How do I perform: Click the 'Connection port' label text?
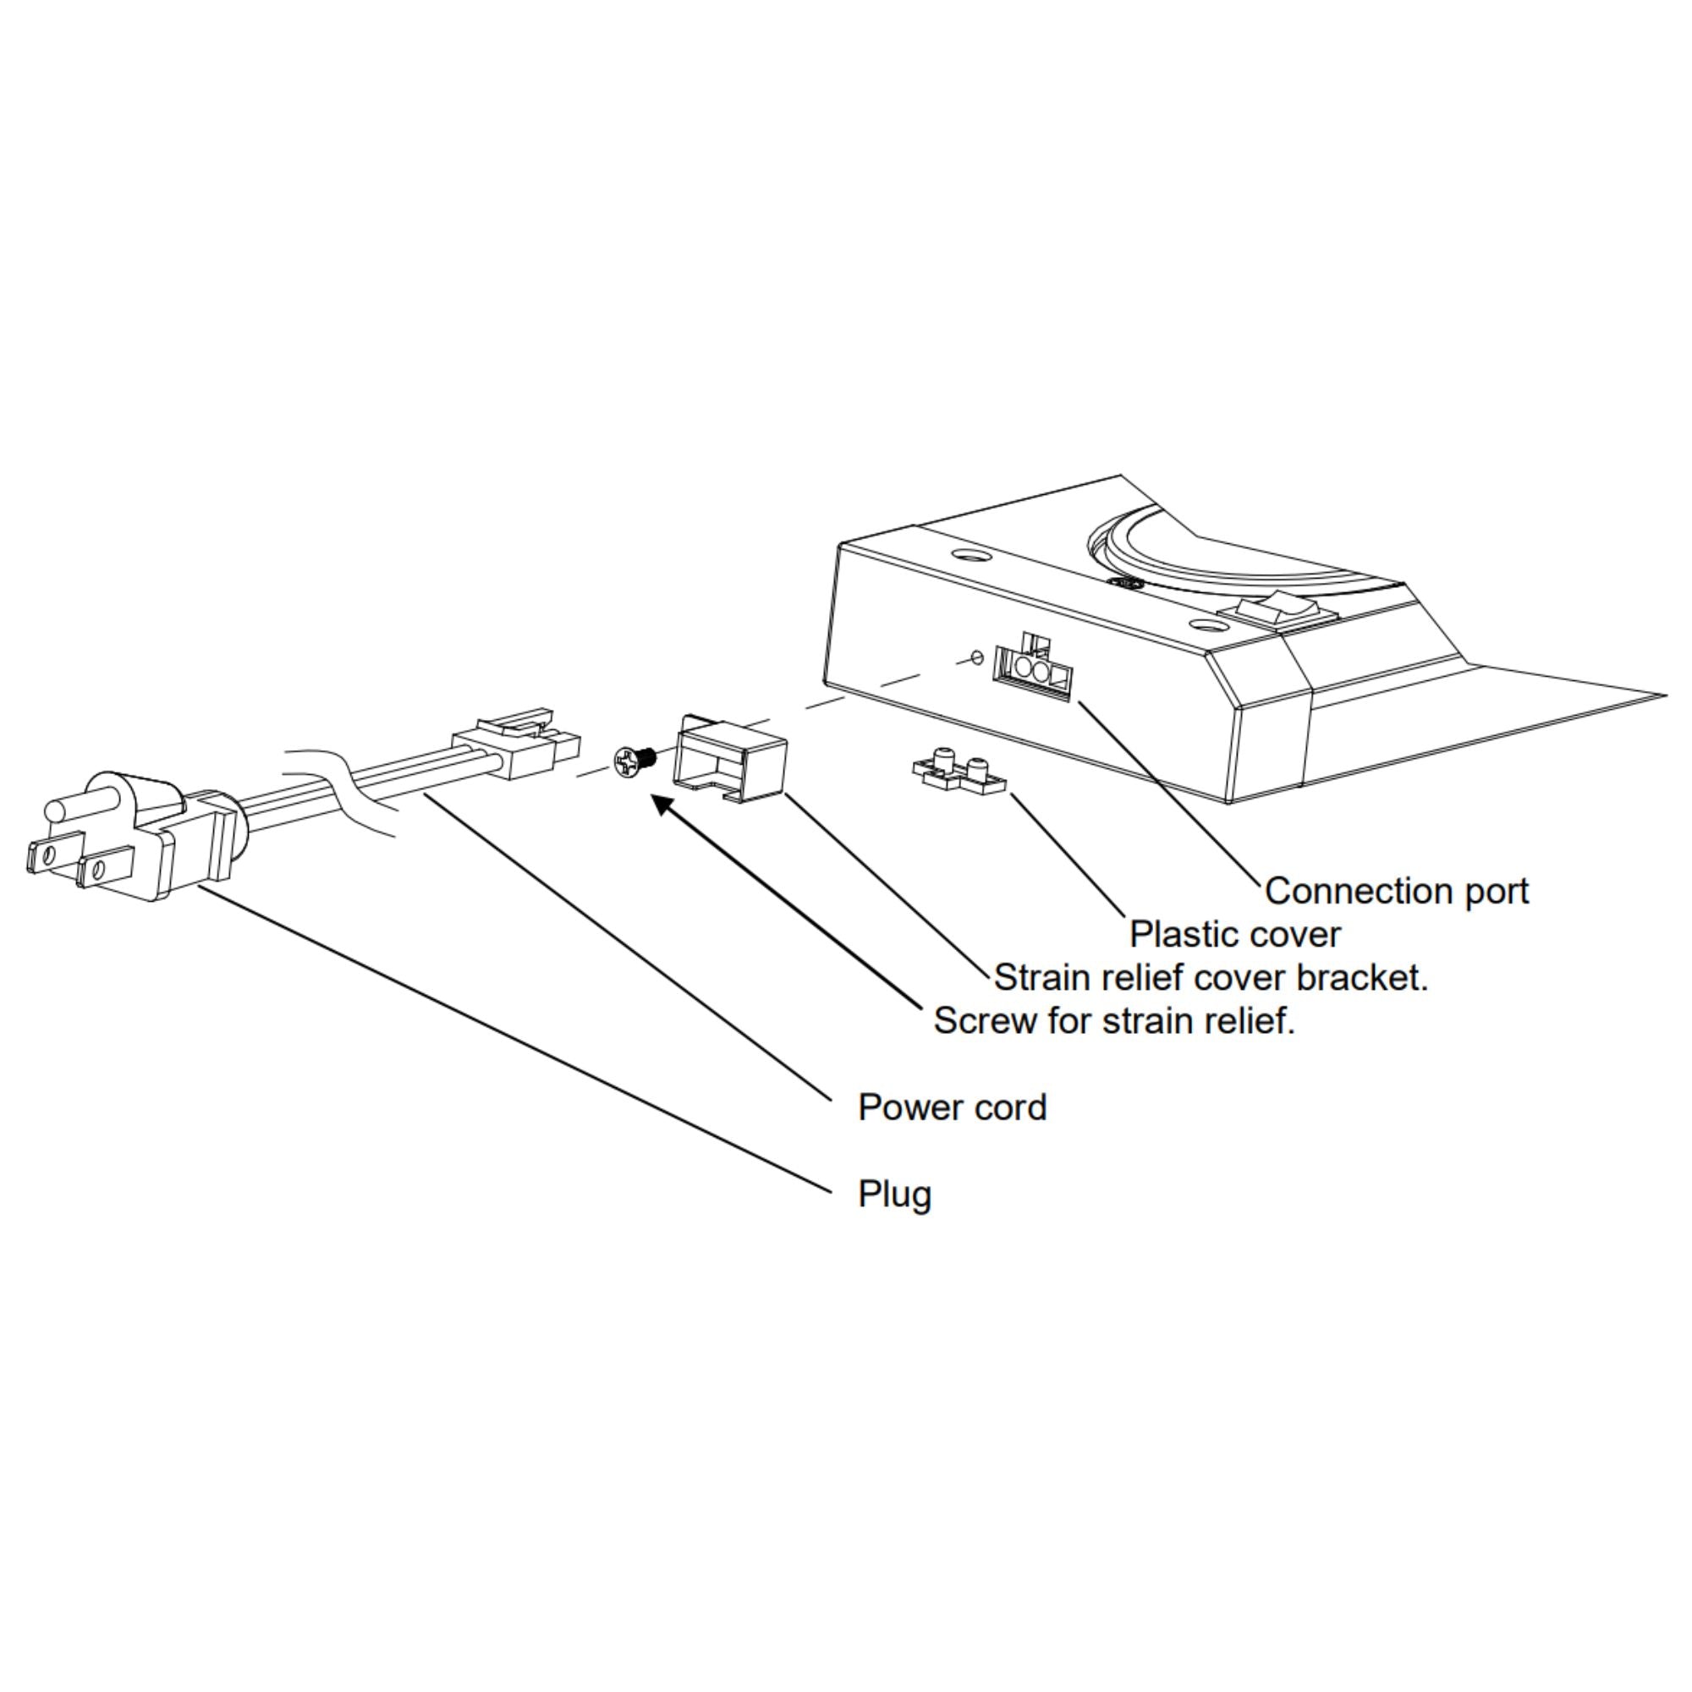click(x=1396, y=893)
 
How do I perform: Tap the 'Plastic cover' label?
click(x=1234, y=935)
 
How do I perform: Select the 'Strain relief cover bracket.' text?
click(x=1211, y=978)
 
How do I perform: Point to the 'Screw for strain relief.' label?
click(x=1113, y=1021)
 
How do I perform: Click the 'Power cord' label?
click(x=952, y=1108)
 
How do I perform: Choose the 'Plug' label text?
click(x=894, y=1195)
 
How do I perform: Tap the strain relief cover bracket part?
click(x=729, y=758)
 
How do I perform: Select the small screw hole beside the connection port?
click(x=978, y=656)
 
